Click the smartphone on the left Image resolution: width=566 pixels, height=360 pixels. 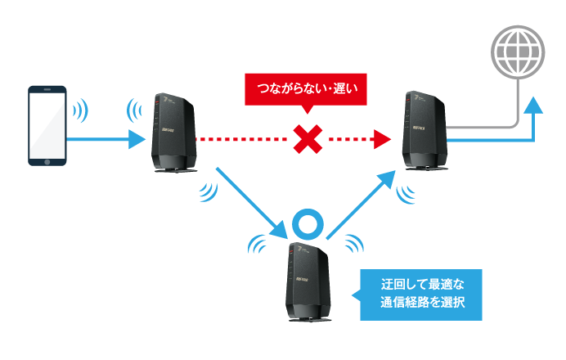(47, 124)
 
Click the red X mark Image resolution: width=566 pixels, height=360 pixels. (306, 140)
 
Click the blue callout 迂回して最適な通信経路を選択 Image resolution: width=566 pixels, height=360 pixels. (422, 295)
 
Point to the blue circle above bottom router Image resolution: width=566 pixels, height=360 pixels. (310, 223)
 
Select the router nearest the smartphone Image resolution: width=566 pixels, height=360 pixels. (172, 131)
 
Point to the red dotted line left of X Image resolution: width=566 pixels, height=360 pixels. (245, 140)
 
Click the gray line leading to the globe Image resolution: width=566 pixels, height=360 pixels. (491, 128)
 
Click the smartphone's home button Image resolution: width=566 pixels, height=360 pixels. (47, 162)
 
